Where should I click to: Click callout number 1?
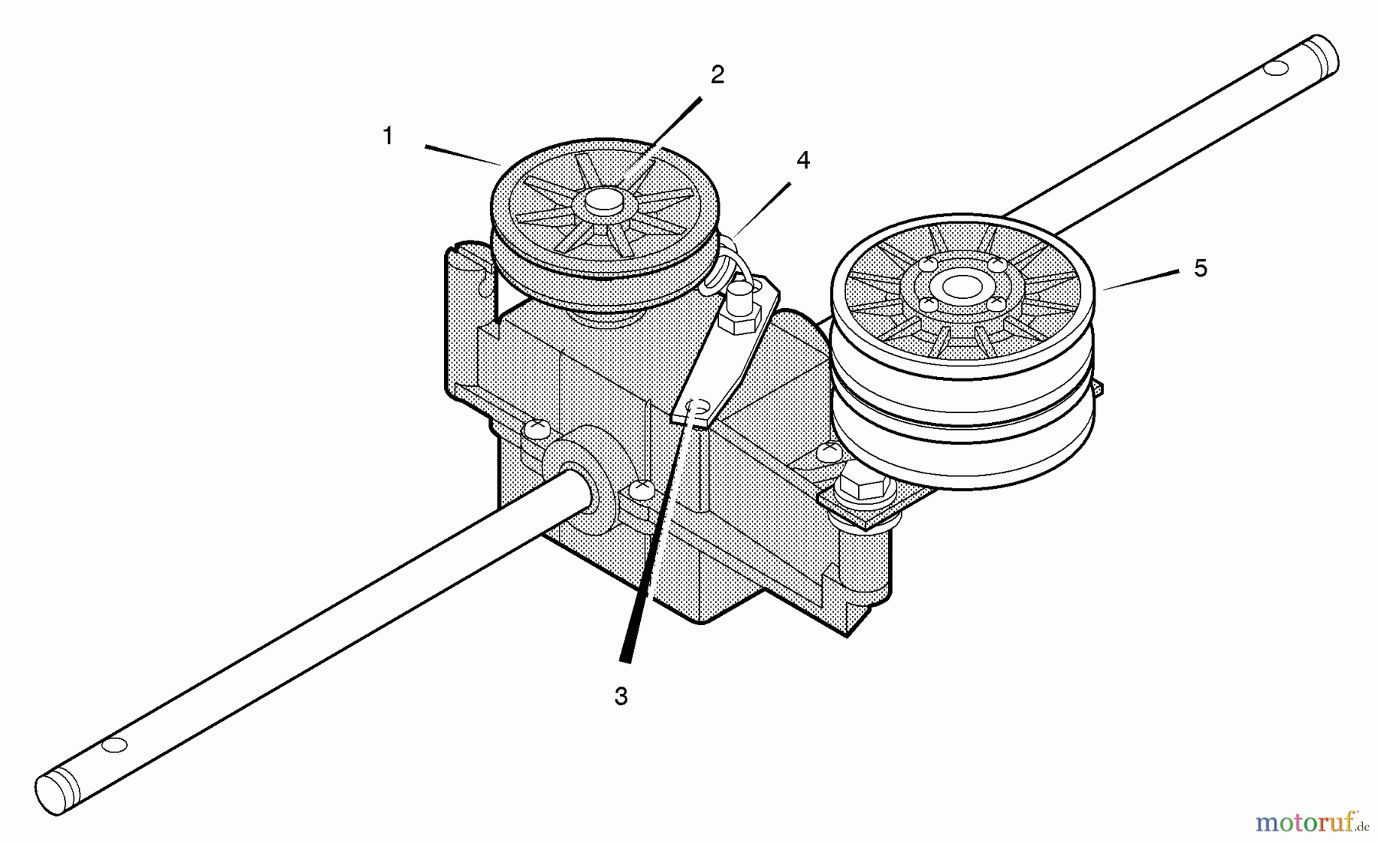(x=388, y=136)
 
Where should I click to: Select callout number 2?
(x=717, y=75)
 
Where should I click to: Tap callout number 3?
(x=621, y=696)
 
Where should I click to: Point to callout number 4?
(x=802, y=160)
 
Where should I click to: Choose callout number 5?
(x=1200, y=268)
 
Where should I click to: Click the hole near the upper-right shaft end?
(x=1275, y=70)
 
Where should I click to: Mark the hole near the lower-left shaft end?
(x=115, y=745)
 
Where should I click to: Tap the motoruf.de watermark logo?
(x=1311, y=823)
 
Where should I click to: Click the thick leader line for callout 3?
(x=663, y=533)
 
